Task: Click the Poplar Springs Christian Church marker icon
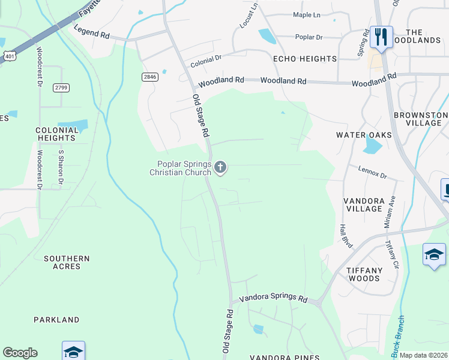(x=220, y=167)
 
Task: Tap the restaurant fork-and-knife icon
(x=381, y=37)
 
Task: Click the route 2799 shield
(x=61, y=88)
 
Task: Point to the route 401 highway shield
(x=9, y=56)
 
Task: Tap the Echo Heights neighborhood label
(x=304, y=59)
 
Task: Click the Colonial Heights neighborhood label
(x=57, y=134)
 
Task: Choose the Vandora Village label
(x=363, y=204)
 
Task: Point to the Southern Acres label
(x=67, y=262)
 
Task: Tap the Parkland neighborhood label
(x=56, y=320)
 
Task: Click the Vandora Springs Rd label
(x=273, y=298)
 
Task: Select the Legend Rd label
(x=91, y=32)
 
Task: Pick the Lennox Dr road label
(x=373, y=173)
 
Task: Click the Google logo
(x=20, y=353)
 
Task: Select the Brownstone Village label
(x=420, y=119)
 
